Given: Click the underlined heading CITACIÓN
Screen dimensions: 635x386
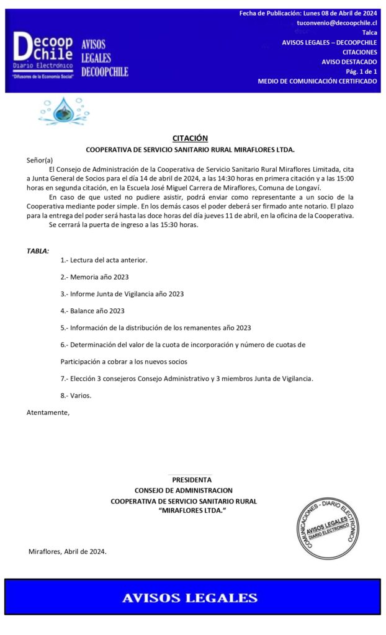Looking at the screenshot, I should (x=190, y=138).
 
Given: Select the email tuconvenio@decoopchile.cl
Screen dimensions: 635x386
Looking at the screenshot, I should (x=337, y=23).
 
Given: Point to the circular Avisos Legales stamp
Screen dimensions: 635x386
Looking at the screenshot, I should (x=327, y=526).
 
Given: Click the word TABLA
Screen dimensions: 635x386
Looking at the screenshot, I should (x=37, y=251).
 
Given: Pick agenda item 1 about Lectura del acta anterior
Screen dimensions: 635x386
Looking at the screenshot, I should (x=104, y=260).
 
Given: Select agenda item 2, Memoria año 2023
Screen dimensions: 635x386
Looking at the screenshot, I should (x=94, y=277).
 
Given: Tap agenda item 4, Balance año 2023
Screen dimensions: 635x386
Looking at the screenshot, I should (x=92, y=311).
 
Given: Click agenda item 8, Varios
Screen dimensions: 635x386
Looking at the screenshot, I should (x=76, y=395).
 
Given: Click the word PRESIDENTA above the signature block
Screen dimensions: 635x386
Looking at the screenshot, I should (x=192, y=479).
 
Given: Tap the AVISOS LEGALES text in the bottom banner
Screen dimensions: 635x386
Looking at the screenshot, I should (x=190, y=598).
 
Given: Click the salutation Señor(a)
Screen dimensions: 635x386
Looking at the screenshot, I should (x=40, y=160).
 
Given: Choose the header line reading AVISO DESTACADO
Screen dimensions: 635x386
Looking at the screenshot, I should (x=349, y=62).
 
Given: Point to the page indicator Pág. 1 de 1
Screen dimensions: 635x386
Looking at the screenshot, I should (x=361, y=71).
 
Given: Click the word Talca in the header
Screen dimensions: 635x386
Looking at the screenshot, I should (x=369, y=32).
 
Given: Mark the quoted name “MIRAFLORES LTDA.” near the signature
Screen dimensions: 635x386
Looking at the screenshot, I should (x=192, y=510).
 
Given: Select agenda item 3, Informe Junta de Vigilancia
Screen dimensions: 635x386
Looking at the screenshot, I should (x=122, y=294).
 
